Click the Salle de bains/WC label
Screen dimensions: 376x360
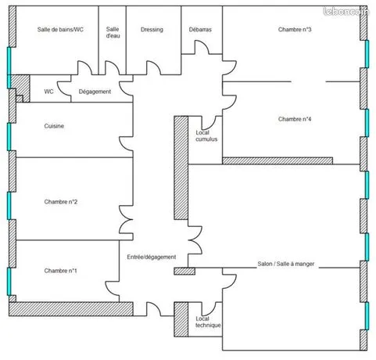click(60, 30)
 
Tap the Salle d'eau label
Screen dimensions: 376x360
click(113, 32)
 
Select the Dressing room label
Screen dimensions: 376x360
click(152, 30)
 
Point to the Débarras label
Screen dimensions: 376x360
click(200, 30)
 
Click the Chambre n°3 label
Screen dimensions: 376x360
click(295, 30)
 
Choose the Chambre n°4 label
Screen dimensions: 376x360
click(295, 119)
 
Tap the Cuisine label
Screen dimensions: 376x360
click(54, 126)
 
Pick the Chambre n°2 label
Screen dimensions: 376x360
click(61, 202)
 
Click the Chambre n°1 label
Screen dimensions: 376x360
click(60, 271)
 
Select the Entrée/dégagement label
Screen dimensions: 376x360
click(152, 257)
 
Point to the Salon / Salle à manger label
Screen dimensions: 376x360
click(286, 264)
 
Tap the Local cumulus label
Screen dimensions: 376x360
click(206, 136)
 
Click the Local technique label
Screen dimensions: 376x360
click(208, 322)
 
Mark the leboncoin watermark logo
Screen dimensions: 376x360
click(346, 11)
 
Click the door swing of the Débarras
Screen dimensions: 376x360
click(202, 47)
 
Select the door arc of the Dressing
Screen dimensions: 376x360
click(154, 67)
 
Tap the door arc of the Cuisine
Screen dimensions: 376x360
click(126, 143)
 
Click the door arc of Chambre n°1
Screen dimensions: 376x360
click(113, 288)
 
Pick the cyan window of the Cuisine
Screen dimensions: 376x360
click(9, 137)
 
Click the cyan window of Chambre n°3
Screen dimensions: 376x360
click(367, 54)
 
